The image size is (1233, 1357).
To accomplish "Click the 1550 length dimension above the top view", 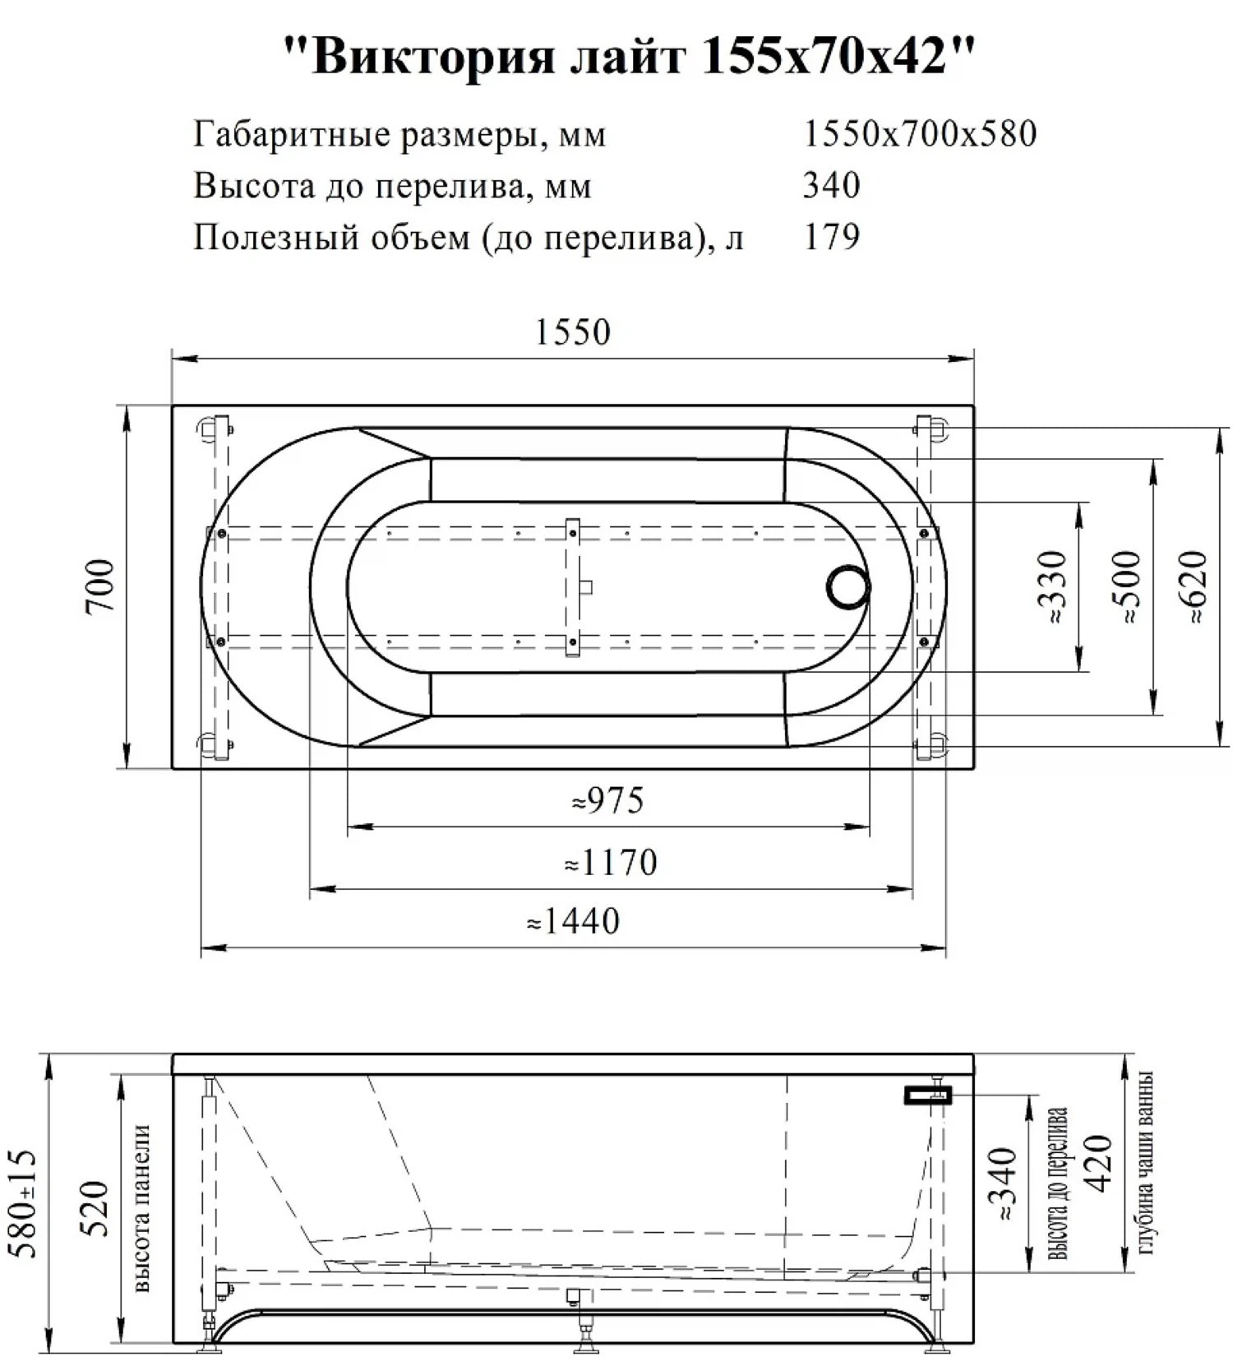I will click(573, 333).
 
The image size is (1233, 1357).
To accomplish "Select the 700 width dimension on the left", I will click(100, 586).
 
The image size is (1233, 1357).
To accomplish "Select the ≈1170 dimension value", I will click(611, 863).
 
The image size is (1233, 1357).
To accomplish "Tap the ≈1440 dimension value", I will click(573, 921).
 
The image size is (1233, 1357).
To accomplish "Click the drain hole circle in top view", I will click(847, 587).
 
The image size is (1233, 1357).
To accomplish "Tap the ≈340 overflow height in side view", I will click(1004, 1184).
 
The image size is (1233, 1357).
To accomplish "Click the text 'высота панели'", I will click(141, 1208).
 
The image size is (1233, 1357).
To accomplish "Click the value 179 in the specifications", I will click(831, 237).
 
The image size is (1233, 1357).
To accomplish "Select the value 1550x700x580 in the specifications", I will click(919, 134).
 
